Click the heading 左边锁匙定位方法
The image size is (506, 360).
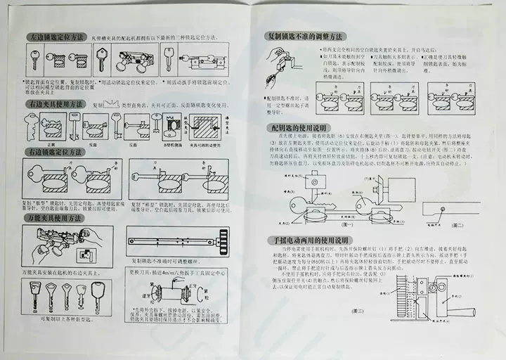56,36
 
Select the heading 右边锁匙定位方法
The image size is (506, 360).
56,152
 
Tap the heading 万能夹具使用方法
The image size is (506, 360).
56,219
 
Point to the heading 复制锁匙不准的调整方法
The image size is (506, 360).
305,36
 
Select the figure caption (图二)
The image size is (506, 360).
456,224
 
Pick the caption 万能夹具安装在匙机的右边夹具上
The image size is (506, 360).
67,270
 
